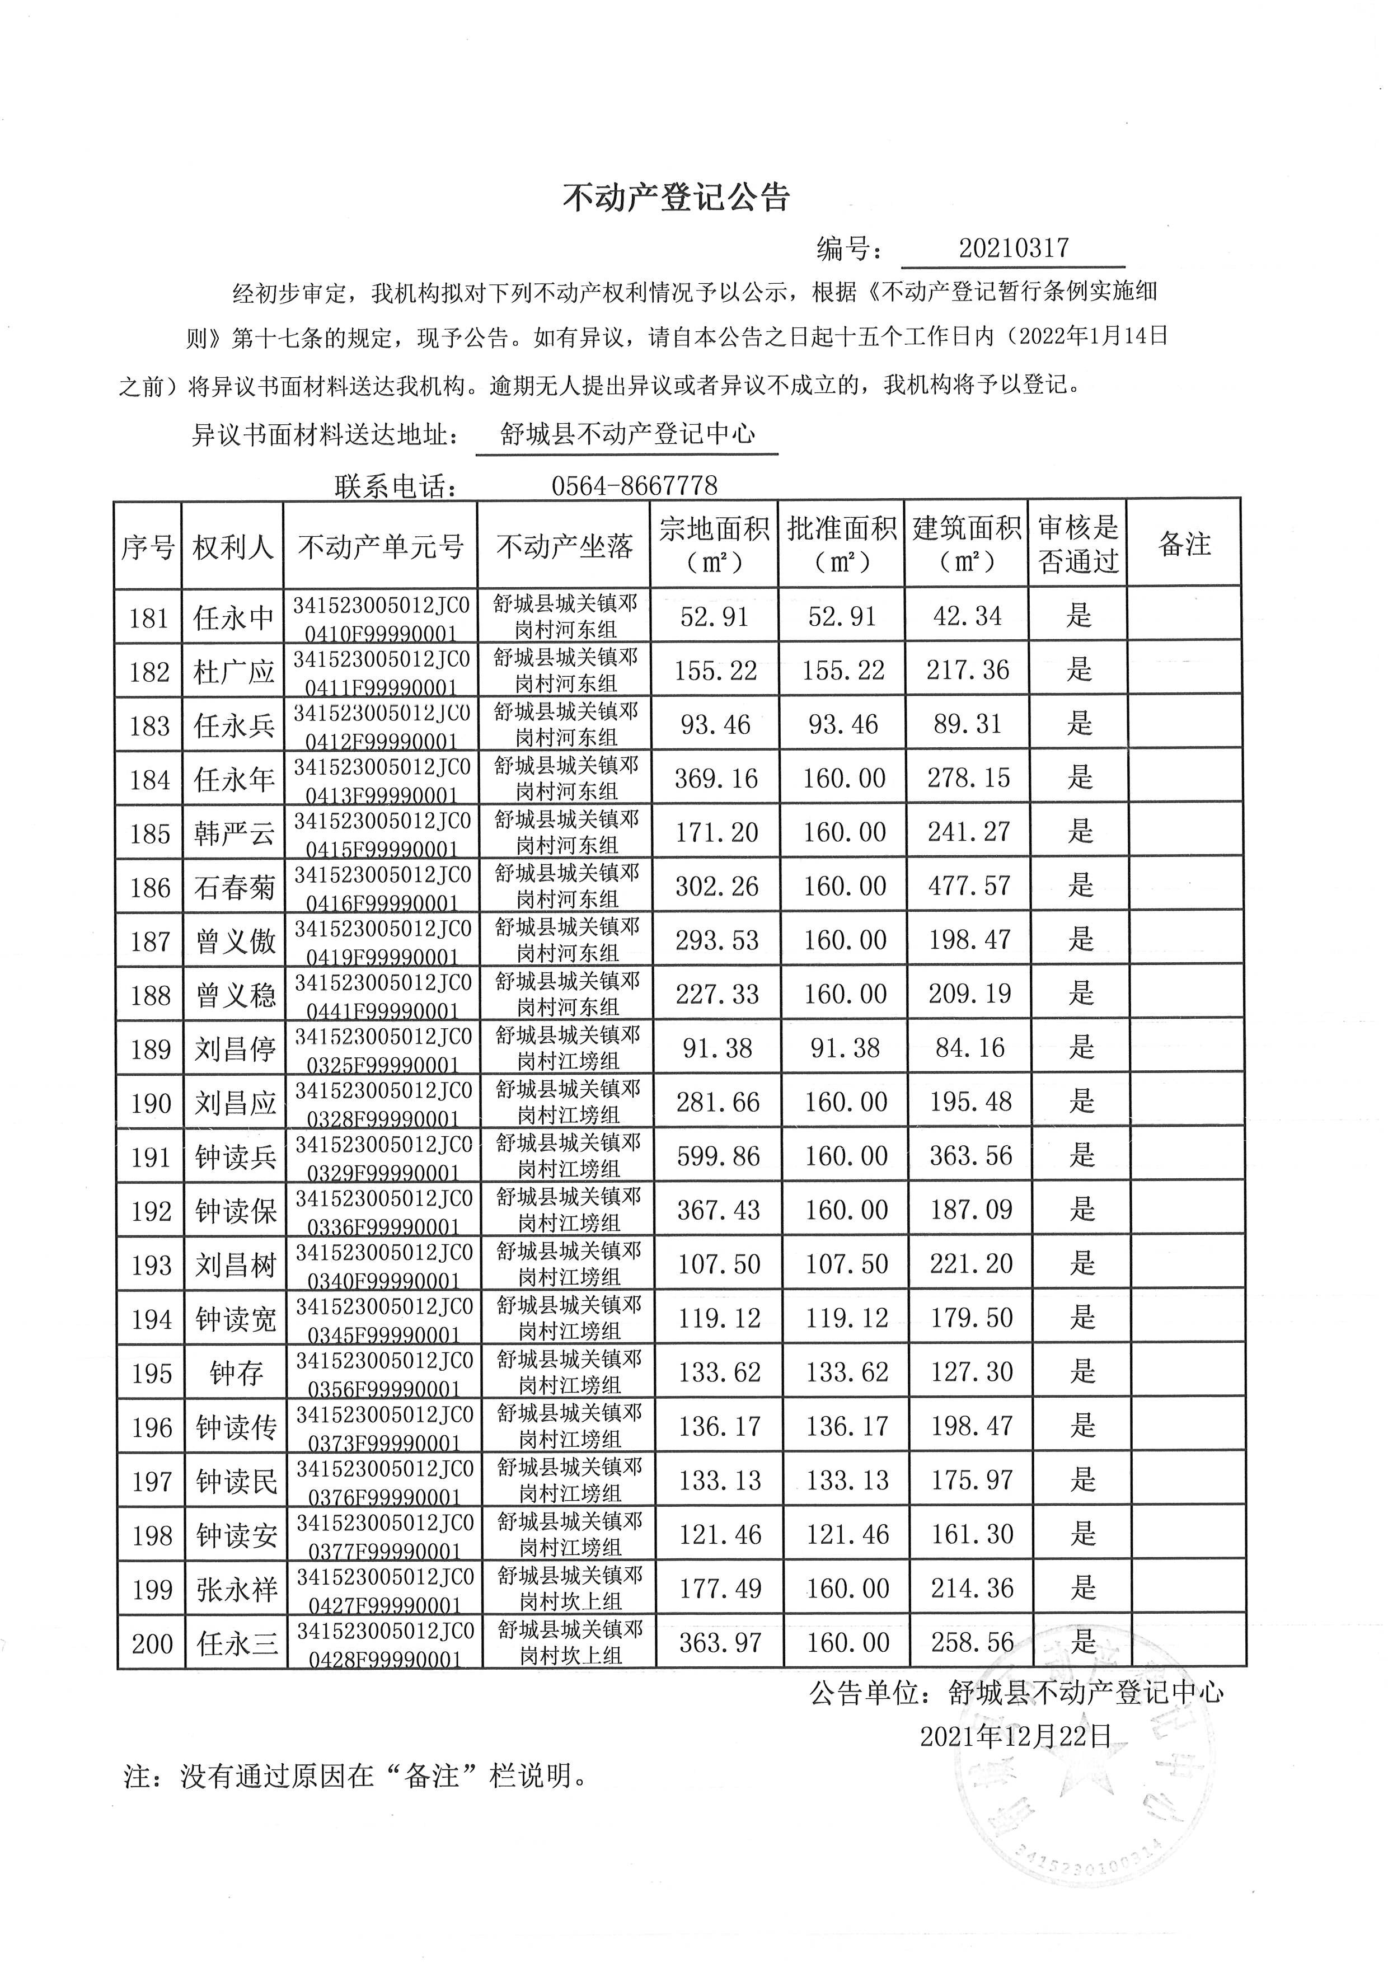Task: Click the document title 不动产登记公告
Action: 676,198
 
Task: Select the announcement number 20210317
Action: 1013,248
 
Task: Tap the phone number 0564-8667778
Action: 634,486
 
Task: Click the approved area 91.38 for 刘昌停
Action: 845,1048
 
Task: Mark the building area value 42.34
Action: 968,616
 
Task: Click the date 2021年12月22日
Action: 1015,1736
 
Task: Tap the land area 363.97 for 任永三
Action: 720,1642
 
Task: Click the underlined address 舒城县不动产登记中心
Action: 627,434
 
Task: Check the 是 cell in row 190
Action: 1081,1102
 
